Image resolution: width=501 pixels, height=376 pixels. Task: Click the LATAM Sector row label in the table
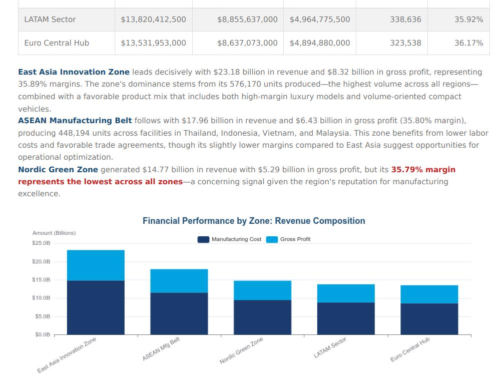[50, 20]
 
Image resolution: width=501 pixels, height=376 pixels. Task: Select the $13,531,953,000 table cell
[153, 43]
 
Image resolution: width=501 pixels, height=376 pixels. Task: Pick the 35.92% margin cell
[468, 20]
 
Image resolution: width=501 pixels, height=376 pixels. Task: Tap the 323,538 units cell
[405, 43]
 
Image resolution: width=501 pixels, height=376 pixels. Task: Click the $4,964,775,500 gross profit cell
[320, 20]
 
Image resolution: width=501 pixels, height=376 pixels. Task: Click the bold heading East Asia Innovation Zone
[74, 72]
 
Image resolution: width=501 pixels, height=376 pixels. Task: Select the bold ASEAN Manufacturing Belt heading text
[75, 121]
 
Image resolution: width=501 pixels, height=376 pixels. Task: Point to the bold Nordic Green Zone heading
[58, 170]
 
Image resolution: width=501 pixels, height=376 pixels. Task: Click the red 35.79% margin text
[423, 170]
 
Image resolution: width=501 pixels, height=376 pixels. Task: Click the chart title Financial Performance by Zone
[254, 221]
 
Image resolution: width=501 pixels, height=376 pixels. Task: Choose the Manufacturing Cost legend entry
[230, 239]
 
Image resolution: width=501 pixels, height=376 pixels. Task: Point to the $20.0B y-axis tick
[42, 261]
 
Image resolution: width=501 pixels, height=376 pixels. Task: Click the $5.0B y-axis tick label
[43, 316]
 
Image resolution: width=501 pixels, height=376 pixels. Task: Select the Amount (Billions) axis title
[54, 233]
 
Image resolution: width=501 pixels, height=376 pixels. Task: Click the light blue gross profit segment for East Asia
[96, 265]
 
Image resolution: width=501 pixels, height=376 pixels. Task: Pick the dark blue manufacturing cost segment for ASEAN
[179, 313]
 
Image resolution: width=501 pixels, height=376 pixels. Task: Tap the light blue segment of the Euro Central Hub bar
[429, 294]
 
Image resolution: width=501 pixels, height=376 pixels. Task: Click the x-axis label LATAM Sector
[330, 347]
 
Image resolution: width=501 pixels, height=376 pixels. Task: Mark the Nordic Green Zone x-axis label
[241, 350]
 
